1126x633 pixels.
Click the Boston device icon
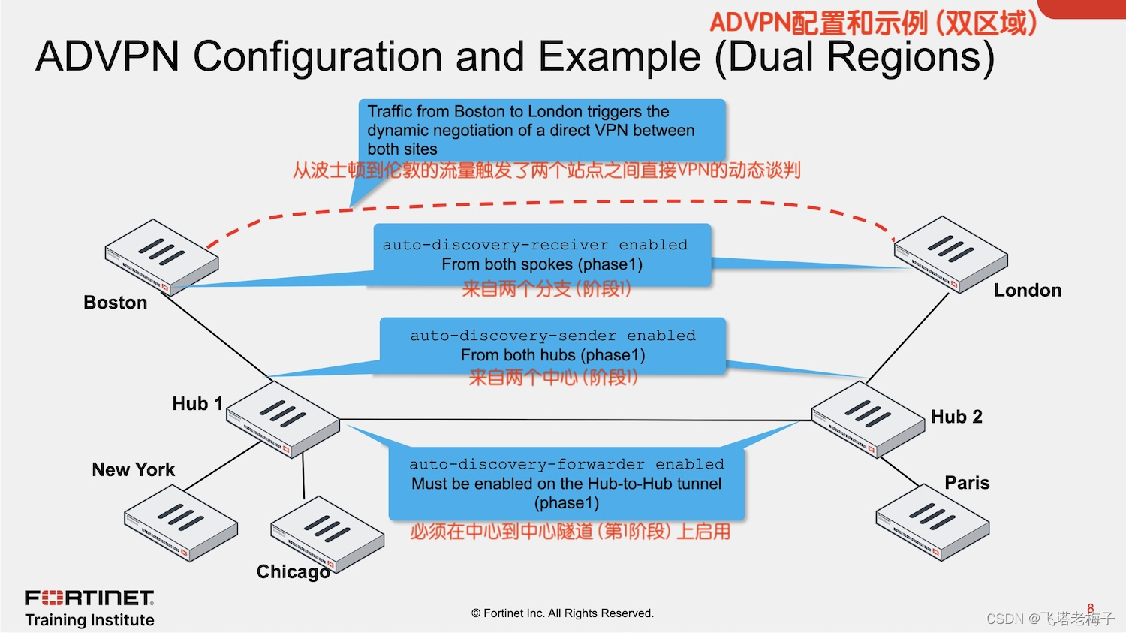[161, 257]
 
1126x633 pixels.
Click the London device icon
[950, 253]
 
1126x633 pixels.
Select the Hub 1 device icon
[283, 419]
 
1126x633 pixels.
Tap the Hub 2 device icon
[868, 418]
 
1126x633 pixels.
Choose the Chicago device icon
[327, 534]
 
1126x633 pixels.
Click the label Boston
[116, 303]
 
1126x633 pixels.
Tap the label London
[1027, 291]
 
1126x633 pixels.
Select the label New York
[133, 470]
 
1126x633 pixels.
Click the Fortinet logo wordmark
[89, 598]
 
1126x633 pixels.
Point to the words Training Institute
[89, 620]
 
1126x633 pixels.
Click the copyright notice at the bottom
[562, 613]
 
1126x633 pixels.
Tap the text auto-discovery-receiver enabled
[534, 245]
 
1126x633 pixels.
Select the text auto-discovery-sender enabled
[552, 336]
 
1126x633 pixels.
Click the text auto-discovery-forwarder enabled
[566, 464]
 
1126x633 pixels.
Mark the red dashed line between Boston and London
[571, 203]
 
